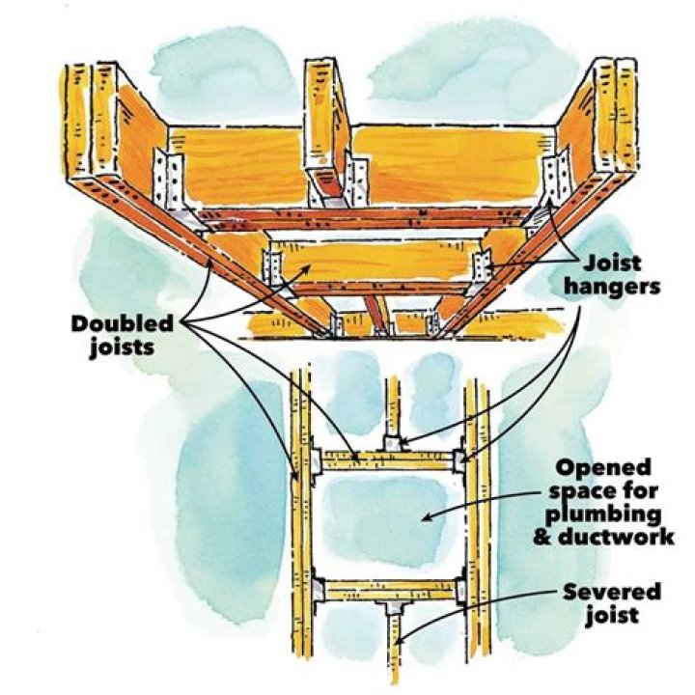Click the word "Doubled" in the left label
pyautogui.click(x=123, y=324)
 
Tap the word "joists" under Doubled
pyautogui.click(x=122, y=347)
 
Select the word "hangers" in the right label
pyautogui.click(x=612, y=288)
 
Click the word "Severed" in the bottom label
pyautogui.click(x=612, y=592)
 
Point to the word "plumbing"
pyautogui.click(x=603, y=515)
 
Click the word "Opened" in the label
pyautogui.click(x=603, y=468)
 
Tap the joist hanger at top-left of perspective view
pyautogui.click(x=169, y=180)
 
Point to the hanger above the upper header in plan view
pyautogui.click(x=393, y=443)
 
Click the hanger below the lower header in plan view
pyautogui.click(x=394, y=607)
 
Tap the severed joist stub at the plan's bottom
pyautogui.click(x=396, y=648)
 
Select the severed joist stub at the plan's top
pyautogui.click(x=393, y=407)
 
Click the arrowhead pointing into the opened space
pyautogui.click(x=428, y=517)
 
